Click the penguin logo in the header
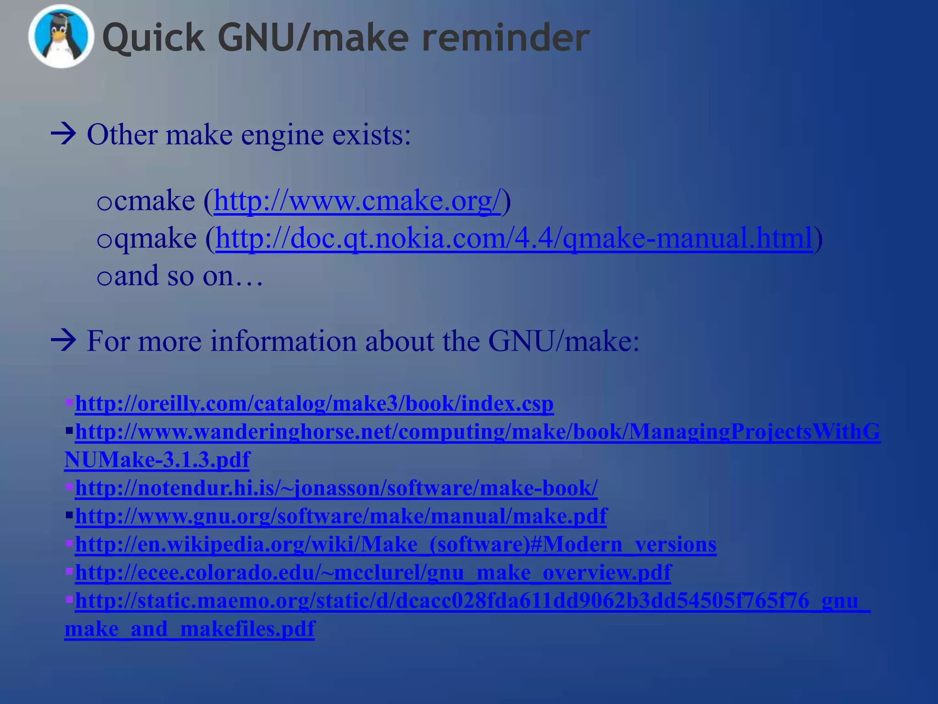[61, 37]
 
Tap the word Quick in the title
[153, 38]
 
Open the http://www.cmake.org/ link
[357, 201]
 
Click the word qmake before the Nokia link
[155, 238]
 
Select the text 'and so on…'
[188, 276]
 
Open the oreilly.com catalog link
[314, 404]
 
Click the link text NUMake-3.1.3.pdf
[157, 460]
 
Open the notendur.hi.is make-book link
[336, 488]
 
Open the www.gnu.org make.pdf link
[341, 516]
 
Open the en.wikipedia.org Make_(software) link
[395, 544]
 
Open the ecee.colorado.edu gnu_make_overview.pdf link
[373, 572]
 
